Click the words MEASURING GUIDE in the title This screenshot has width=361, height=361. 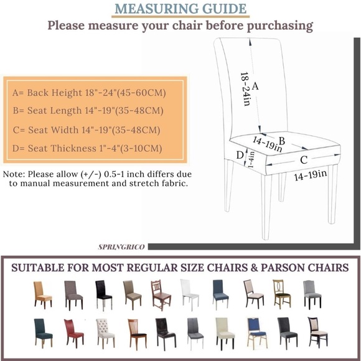[180, 9]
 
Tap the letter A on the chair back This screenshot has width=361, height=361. [255, 87]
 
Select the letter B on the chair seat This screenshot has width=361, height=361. [281, 141]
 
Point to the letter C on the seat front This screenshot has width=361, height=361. [304, 160]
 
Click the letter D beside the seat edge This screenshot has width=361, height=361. [239, 154]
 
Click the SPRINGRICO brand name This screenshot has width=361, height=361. [121, 247]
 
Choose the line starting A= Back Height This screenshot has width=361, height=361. [88, 93]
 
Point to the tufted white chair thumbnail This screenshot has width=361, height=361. [105, 332]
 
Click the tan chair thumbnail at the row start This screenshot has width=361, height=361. [42, 293]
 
